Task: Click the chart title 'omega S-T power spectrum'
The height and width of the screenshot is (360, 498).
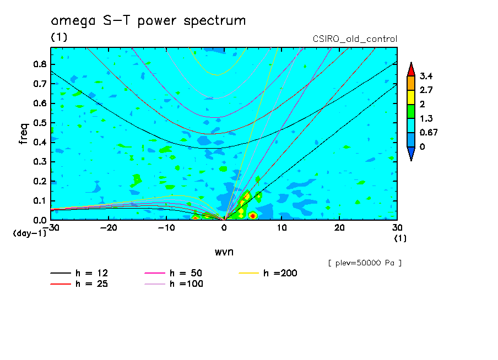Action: pos(148,21)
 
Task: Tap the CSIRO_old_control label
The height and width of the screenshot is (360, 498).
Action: pos(354,39)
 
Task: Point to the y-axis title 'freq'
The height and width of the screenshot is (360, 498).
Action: pos(23,134)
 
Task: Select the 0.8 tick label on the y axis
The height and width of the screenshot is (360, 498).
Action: pos(39,64)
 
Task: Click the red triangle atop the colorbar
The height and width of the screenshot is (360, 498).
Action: pos(410,69)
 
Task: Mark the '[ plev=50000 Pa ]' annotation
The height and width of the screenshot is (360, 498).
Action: pos(365,263)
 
